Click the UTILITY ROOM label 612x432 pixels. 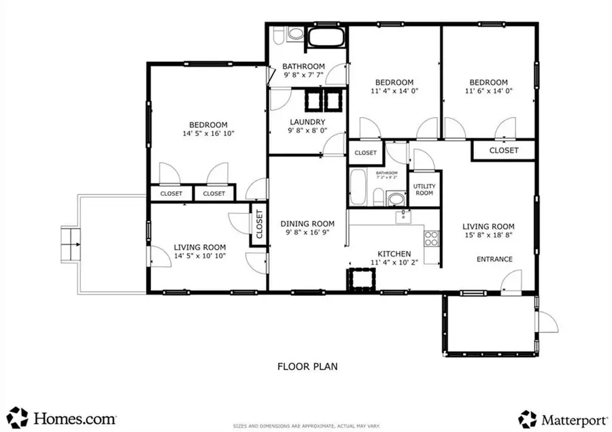pyautogui.click(x=424, y=189)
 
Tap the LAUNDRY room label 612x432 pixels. pyautogui.click(x=307, y=122)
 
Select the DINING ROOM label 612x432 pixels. pyautogui.click(x=308, y=223)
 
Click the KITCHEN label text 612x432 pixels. pyautogui.click(x=391, y=254)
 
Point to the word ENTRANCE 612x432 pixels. pyautogui.click(x=494, y=259)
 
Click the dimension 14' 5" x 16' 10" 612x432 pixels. pyautogui.click(x=208, y=134)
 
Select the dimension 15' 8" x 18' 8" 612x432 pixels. pyautogui.click(x=488, y=236)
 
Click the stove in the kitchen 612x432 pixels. pyautogui.click(x=431, y=238)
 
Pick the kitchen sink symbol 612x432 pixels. pyautogui.click(x=403, y=217)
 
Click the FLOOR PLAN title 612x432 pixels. pyautogui.click(x=307, y=366)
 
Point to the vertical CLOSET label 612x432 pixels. pyautogui.click(x=259, y=225)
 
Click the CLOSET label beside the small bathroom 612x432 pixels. pyautogui.click(x=366, y=153)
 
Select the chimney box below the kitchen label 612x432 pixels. pyautogui.click(x=361, y=280)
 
